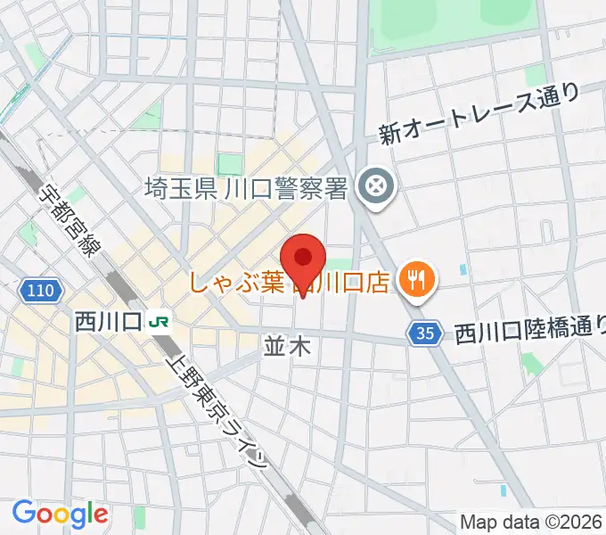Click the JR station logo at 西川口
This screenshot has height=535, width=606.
pos(160,320)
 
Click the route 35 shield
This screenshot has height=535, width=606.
pos(427,333)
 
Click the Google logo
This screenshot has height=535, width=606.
pos(60,514)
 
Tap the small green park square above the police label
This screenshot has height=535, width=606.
pos(231,164)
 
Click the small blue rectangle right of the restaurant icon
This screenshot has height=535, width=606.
pos(463,268)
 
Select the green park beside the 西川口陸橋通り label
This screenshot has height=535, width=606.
pos(532,363)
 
